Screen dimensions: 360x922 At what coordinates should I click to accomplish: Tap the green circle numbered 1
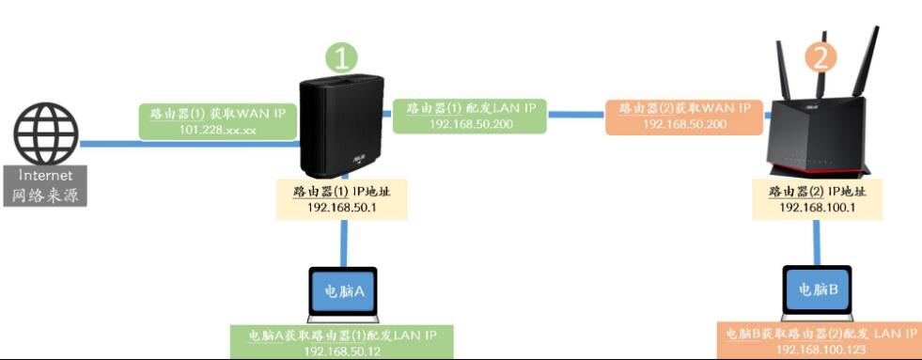click(x=342, y=57)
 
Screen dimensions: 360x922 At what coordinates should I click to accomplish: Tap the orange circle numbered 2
click(x=820, y=57)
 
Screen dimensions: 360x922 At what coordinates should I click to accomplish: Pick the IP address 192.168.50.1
click(x=341, y=207)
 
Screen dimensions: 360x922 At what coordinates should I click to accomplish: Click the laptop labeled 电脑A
click(x=341, y=291)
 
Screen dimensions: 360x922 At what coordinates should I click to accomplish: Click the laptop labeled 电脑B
click(x=817, y=291)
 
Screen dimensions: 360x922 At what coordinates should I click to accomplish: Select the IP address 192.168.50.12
click(x=341, y=351)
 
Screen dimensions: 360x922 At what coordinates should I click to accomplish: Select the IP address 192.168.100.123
click(x=817, y=351)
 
